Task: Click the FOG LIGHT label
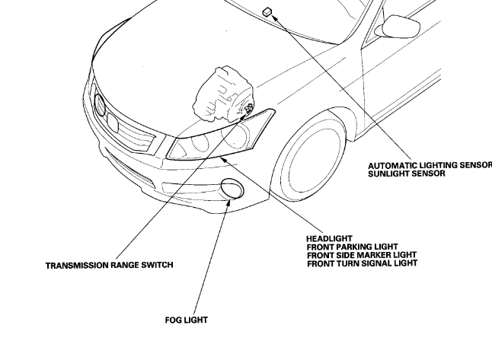[x=186, y=320]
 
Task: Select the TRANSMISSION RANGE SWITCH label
[x=109, y=266]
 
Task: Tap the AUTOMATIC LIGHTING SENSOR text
[x=430, y=165]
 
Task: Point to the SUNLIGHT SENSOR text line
[x=406, y=174]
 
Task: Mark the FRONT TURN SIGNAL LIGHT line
[x=362, y=263]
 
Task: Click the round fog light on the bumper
[x=231, y=187]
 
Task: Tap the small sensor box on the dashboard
[x=267, y=11]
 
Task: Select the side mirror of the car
[x=401, y=27]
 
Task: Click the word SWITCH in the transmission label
[x=156, y=266]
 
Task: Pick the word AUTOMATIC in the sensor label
[x=391, y=165]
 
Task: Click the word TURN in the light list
[x=365, y=263]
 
